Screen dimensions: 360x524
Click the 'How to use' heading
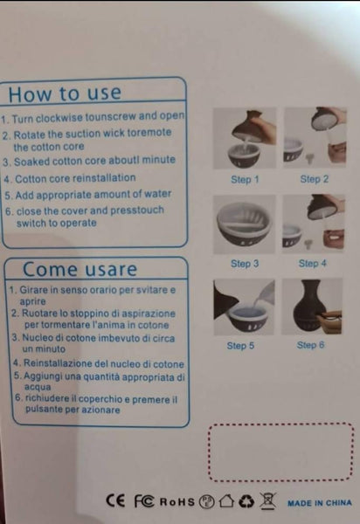coord(65,93)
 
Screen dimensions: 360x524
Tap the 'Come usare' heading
coord(80,269)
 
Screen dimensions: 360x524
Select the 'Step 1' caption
coord(245,179)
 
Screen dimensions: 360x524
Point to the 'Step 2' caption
coord(315,179)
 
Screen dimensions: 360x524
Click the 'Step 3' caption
coord(245,264)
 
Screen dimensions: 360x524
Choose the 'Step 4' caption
coord(313,264)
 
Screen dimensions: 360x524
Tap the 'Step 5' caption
coord(240,346)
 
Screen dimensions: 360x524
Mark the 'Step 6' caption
coord(310,345)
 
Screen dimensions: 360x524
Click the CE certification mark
coord(115,500)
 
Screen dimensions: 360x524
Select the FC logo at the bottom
coord(144,501)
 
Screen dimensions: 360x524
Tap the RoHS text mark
coord(177,502)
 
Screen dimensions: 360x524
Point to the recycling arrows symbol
coord(246,501)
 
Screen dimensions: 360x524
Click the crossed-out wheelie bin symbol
coord(268,500)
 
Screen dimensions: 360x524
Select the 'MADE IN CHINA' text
coord(320,503)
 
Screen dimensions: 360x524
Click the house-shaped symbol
coord(226,501)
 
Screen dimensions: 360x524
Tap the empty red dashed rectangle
coord(280,424)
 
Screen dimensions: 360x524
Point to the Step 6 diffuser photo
coord(312,307)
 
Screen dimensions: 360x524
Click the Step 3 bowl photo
coord(245,224)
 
